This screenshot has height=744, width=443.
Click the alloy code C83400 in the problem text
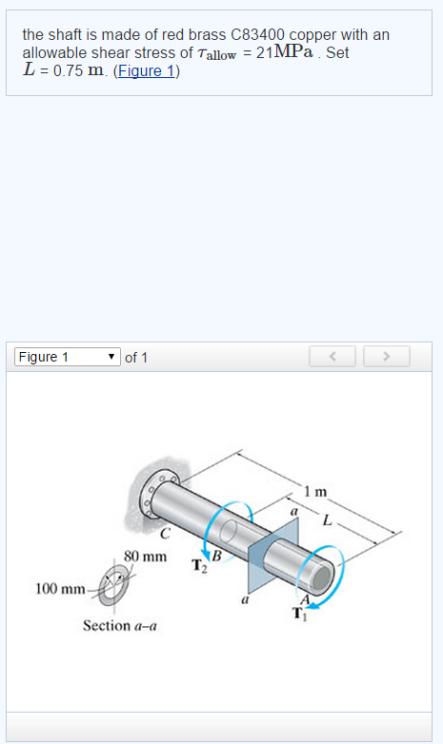point(262,34)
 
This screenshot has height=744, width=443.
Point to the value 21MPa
point(289,52)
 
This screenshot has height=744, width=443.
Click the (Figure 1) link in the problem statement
point(146,70)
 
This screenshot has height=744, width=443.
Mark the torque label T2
point(199,567)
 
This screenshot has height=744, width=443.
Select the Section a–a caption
point(120,626)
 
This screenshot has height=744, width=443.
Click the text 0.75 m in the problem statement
point(78,70)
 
